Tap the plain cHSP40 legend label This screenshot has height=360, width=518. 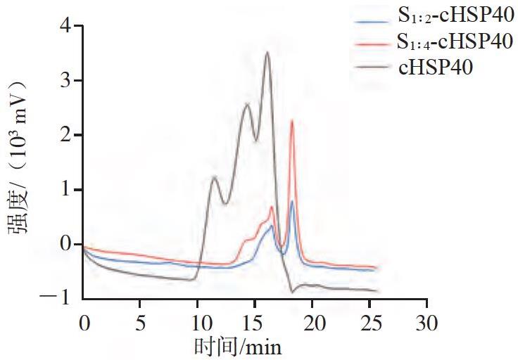coord(436,67)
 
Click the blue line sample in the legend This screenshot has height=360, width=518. coord(372,22)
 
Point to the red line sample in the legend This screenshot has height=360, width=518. coord(372,44)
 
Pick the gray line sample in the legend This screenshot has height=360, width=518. coord(372,66)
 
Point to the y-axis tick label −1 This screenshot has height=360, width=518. coord(55,297)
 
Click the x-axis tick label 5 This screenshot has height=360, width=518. coord(140,323)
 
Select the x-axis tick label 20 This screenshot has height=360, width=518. coord(314,323)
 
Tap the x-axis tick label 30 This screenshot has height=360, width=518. coord(427,323)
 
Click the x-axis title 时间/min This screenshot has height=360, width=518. coord(237,347)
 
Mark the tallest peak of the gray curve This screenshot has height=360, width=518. coord(267,52)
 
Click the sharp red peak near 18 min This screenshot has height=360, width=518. coord(292,121)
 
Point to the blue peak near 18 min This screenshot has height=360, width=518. coord(291,201)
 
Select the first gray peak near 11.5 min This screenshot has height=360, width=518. coord(214,177)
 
